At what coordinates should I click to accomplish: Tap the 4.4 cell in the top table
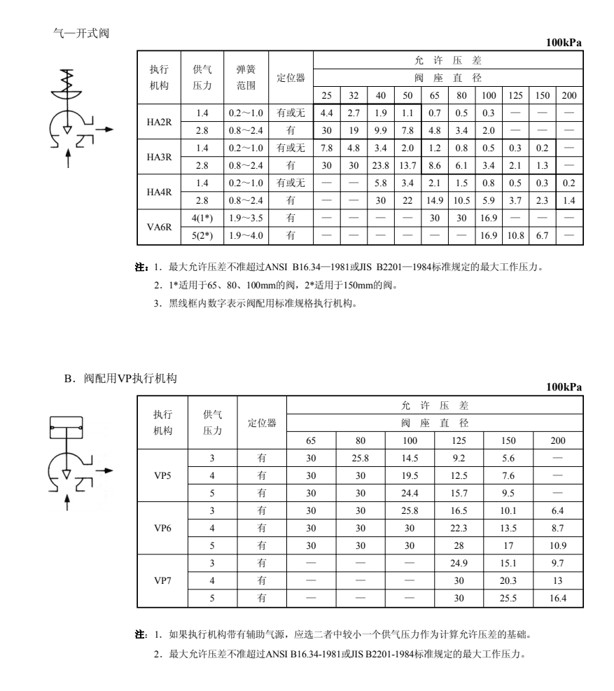(326, 113)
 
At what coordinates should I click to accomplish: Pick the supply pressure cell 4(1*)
(202, 218)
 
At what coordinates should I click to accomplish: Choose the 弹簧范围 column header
(246, 77)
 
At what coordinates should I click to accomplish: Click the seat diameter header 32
(354, 95)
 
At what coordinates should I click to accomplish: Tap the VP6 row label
(162, 528)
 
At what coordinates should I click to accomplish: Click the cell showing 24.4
(410, 492)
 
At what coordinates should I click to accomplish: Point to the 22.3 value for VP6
(459, 528)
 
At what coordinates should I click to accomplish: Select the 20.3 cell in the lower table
(508, 580)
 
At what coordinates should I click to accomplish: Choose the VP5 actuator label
(162, 475)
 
